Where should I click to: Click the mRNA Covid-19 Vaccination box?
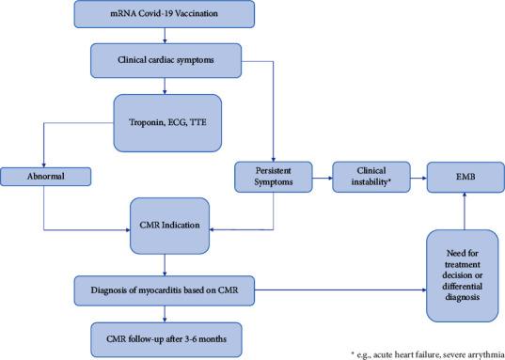166,14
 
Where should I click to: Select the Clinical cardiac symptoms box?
166,61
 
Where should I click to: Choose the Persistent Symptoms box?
273,174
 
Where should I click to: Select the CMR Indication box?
166,227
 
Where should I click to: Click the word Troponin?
137,120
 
